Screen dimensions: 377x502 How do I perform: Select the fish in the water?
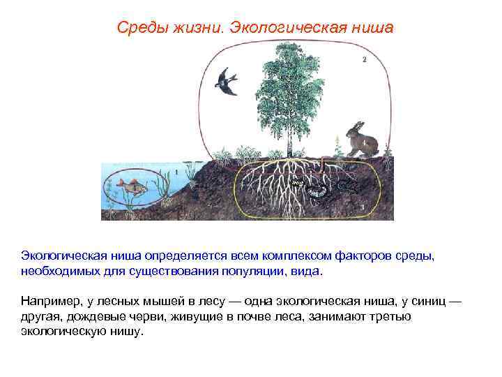pyautogui.click(x=130, y=186)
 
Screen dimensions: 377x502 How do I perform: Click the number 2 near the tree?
pyautogui.click(x=364, y=60)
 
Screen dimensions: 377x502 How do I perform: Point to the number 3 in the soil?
pyautogui.click(x=364, y=207)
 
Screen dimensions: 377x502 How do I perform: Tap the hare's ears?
pyautogui.click(x=358, y=126)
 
